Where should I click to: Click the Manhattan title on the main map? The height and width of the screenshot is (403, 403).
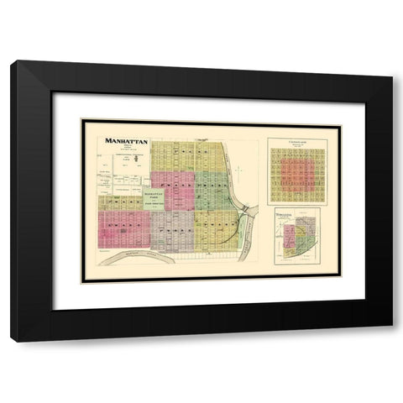click(127, 142)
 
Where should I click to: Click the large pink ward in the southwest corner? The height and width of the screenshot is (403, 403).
click(123, 226)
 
